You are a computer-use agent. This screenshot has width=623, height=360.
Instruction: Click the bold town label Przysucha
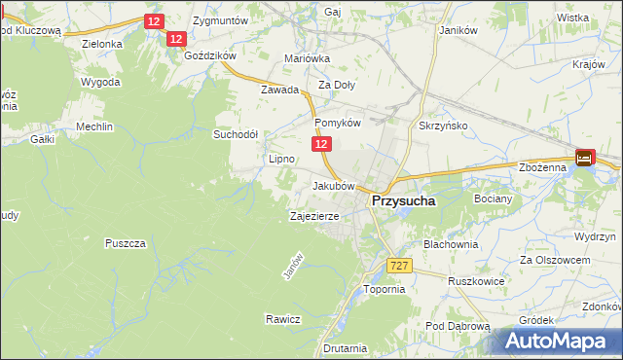coord(402,201)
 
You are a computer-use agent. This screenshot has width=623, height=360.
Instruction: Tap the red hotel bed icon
coord(584,158)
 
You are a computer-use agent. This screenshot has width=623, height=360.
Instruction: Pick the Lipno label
coord(281,158)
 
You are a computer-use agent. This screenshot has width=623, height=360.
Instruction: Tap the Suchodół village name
coord(236,134)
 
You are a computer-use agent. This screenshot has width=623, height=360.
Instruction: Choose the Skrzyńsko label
coord(443,127)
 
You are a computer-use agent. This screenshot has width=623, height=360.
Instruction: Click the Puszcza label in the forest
coord(126,242)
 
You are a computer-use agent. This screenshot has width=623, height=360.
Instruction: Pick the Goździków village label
coord(210,56)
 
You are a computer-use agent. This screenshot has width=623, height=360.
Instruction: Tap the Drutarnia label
coord(346,348)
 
